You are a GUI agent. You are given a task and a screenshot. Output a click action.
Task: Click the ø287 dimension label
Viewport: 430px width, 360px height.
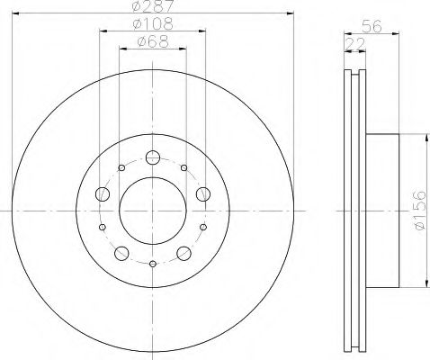153,8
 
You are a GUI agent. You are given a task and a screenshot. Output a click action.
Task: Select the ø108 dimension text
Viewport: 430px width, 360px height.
153,24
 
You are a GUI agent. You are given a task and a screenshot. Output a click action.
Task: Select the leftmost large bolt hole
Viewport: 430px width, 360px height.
102,194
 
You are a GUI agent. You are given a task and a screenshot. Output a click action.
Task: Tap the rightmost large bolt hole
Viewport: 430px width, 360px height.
203,193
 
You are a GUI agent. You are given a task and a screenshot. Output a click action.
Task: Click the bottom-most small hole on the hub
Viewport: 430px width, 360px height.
153,264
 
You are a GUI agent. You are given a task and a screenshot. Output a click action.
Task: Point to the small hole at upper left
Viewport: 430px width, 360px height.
121,166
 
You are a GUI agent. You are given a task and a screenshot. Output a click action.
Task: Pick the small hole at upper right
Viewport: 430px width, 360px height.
184,166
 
